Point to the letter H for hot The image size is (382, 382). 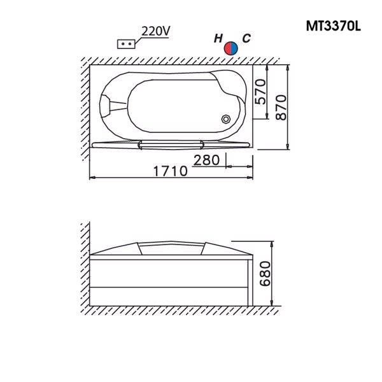pos(218,39)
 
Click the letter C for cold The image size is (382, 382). pos(246,39)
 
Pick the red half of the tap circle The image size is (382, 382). pos(229,48)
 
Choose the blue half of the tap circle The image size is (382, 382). pos(236,48)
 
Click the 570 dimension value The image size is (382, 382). pos(260,93)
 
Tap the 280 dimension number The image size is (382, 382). pos(207,159)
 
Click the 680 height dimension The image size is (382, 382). pos(266,273)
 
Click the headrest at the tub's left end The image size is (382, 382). pos(115,101)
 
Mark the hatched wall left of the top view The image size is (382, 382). pos(83,108)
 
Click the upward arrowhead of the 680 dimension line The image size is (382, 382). pos(273,244)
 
